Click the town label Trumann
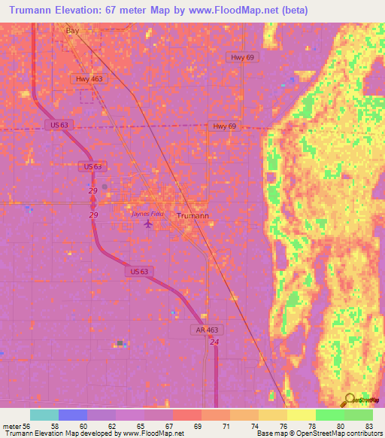pyautogui.click(x=192, y=215)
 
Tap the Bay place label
pyautogui.click(x=72, y=31)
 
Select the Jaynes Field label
pyautogui.click(x=147, y=214)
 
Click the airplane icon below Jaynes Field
pyautogui.click(x=147, y=224)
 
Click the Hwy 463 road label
pyautogui.click(x=89, y=78)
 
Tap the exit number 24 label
pyautogui.click(x=214, y=342)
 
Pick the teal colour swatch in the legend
pyautogui.click(x=44, y=415)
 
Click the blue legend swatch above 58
pyautogui.click(x=73, y=415)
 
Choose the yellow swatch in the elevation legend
pyautogui.click(x=302, y=415)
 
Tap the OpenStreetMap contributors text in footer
pyautogui.click(x=330, y=433)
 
